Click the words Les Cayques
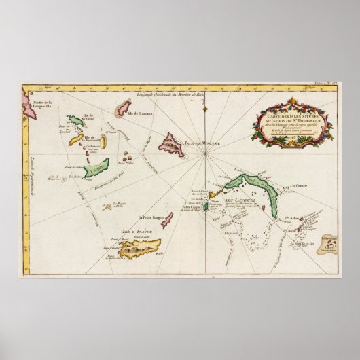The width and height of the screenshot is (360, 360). pos(236,202)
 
